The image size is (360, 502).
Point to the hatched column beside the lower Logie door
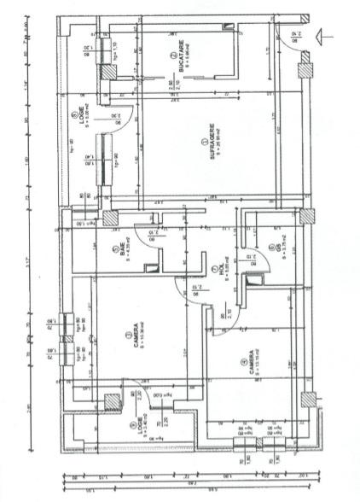pos(112,400)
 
